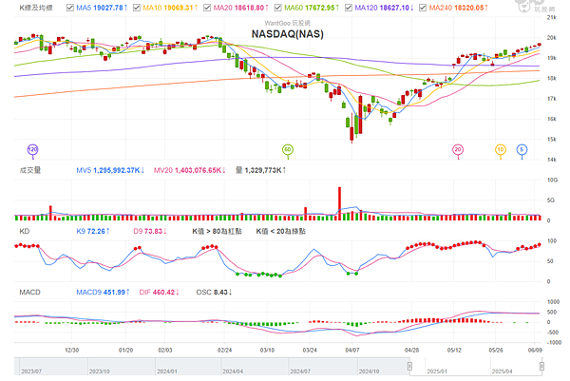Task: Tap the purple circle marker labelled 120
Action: pyautogui.click(x=32, y=149)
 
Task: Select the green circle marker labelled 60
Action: pyautogui.click(x=288, y=149)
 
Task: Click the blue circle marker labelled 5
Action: pyautogui.click(x=522, y=149)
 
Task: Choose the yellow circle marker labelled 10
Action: pyautogui.click(x=500, y=149)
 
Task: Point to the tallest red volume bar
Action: pyautogui.click(x=339, y=203)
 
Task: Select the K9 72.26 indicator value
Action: pyautogui.click(x=94, y=231)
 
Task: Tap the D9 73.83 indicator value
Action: pyautogui.click(x=151, y=231)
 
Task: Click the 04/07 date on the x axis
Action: pyautogui.click(x=352, y=349)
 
